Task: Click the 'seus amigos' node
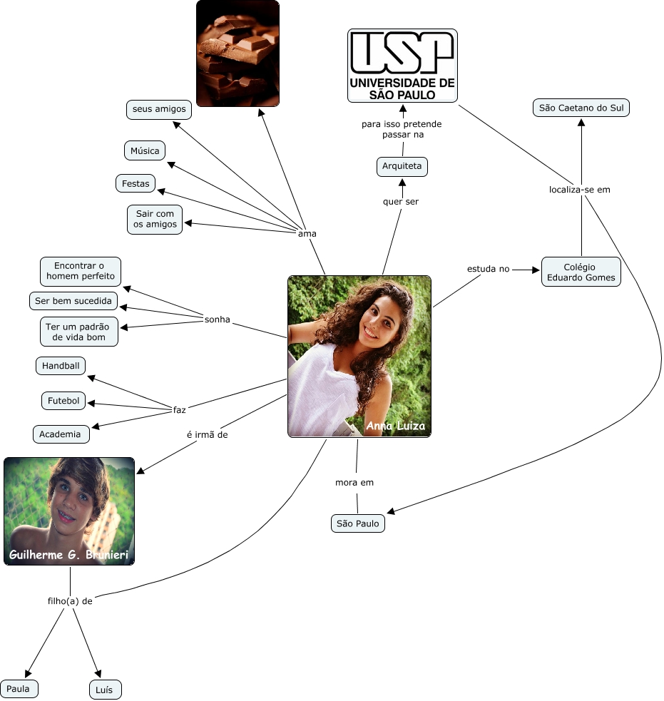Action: click(159, 109)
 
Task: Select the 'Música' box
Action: click(145, 150)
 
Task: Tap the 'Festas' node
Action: click(136, 183)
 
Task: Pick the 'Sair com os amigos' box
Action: click(155, 219)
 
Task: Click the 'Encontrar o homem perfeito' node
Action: click(80, 271)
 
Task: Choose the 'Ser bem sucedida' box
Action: click(73, 301)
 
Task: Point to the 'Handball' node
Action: click(61, 366)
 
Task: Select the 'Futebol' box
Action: click(63, 401)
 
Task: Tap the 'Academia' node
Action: click(61, 434)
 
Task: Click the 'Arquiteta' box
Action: click(402, 167)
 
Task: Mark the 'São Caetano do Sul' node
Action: click(581, 108)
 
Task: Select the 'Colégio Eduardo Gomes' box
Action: click(581, 272)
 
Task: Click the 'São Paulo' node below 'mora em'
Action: click(358, 523)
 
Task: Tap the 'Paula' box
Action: click(19, 689)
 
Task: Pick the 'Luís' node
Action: click(105, 690)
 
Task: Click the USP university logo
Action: click(402, 66)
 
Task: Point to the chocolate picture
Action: click(237, 53)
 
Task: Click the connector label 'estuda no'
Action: click(489, 269)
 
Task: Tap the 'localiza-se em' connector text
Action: click(580, 190)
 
